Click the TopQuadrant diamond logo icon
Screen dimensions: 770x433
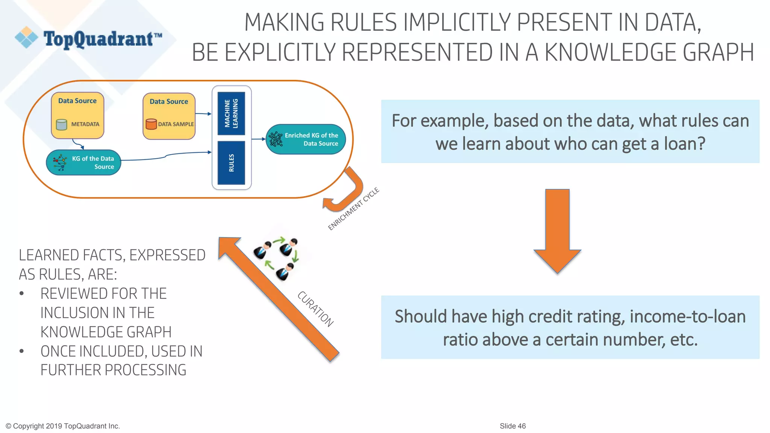click(x=26, y=37)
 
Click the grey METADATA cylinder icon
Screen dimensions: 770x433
click(x=61, y=124)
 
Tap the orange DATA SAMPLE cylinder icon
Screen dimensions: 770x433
click(x=151, y=124)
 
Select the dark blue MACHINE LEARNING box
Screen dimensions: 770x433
click(x=231, y=113)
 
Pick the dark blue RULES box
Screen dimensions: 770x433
click(x=231, y=163)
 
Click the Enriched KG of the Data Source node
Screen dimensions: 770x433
click(x=306, y=139)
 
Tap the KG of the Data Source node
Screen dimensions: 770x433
click(x=83, y=163)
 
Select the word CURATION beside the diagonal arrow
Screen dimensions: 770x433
click(x=315, y=309)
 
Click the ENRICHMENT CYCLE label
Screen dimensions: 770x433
click(x=353, y=209)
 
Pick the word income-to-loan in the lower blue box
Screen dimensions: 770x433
click(x=688, y=316)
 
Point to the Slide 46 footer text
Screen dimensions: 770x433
click(x=513, y=426)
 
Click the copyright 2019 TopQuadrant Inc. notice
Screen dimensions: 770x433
click(x=63, y=426)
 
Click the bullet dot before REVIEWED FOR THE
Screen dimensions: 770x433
click(x=22, y=294)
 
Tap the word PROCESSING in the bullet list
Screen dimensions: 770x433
click(x=146, y=370)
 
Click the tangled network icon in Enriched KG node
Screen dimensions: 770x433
click(x=276, y=139)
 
